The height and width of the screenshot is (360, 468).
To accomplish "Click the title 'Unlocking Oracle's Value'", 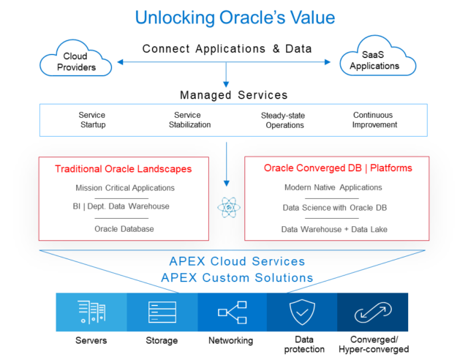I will coord(234,17).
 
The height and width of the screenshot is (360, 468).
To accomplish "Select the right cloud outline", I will coord(377,56).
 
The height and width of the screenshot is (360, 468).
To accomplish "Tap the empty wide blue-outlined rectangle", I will coord(233,119).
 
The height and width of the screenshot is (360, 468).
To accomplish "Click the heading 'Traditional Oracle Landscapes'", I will coord(122,169).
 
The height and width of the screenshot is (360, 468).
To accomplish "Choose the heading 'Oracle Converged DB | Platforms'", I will coord(338,168).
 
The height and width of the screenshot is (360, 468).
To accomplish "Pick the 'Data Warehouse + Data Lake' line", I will coord(334,230).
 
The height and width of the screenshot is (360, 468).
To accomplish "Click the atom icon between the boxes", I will coord(228,209).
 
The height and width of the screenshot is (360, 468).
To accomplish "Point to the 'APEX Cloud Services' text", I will coord(237,261).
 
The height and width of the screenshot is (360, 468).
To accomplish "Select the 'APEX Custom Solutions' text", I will coord(237,277).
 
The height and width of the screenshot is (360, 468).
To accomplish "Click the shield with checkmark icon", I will coord(302,312).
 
